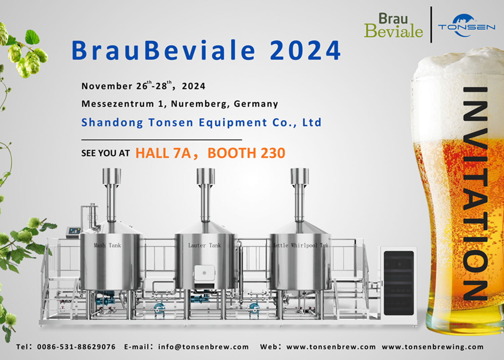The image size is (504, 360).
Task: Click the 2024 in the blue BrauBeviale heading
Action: [x=305, y=50]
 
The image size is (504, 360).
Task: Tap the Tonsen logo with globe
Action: [x=466, y=26]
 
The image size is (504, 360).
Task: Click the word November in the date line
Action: [x=107, y=86]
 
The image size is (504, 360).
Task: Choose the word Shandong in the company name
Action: [x=112, y=122]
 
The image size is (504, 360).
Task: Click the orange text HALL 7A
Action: [x=163, y=153]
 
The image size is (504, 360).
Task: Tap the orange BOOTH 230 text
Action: [x=246, y=153]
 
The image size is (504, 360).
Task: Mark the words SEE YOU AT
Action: [x=105, y=153]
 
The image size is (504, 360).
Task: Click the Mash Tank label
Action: [x=107, y=245]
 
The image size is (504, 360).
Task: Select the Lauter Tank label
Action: [x=204, y=245]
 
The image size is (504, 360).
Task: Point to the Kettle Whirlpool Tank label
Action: [x=300, y=245]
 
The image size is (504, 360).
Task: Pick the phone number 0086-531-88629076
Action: [x=76, y=347]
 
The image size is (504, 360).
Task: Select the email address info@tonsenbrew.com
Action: [x=203, y=347]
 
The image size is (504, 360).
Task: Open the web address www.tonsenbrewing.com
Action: [x=432, y=347]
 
